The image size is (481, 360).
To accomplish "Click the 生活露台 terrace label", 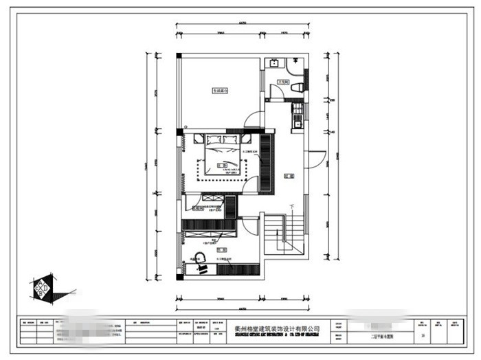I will pyautogui.click(x=219, y=90).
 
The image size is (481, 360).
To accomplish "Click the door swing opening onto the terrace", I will pyautogui.click(x=254, y=120).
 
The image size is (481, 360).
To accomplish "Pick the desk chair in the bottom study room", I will pyautogui.click(x=201, y=260).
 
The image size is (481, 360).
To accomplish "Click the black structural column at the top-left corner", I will pyautogui.click(x=179, y=55).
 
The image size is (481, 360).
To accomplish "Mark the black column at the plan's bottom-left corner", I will pyautogui.click(x=180, y=277).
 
